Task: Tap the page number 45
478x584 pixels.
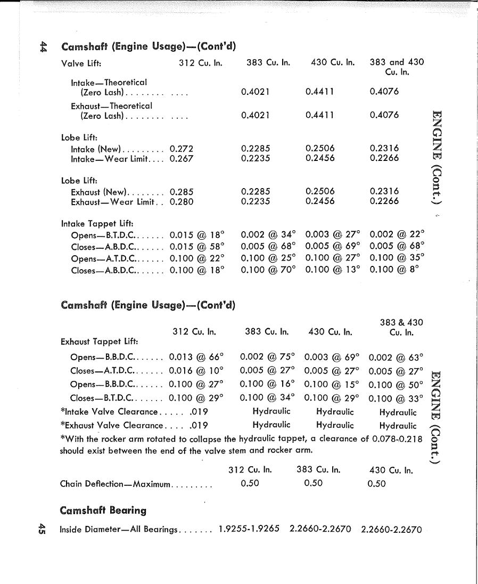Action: [42, 529]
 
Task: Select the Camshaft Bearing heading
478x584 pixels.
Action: [103, 510]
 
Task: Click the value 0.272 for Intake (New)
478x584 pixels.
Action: [182, 149]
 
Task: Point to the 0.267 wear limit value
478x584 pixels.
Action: [182, 158]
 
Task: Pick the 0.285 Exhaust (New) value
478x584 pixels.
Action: [182, 192]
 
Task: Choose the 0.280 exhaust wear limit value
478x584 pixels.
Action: [182, 202]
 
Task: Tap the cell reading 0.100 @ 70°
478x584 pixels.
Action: [268, 270]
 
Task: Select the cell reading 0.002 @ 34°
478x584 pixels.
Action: [268, 235]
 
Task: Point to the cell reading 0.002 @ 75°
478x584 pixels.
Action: [268, 356]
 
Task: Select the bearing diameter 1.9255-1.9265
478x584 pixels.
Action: [250, 530]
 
